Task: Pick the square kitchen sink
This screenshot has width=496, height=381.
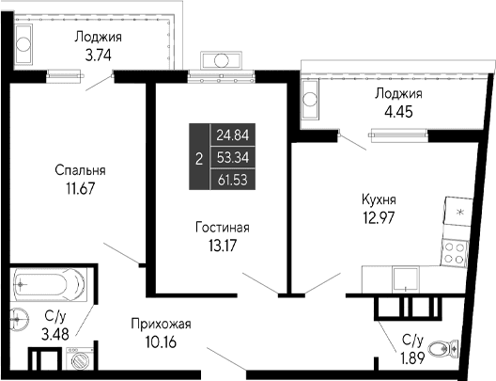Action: click(405, 277)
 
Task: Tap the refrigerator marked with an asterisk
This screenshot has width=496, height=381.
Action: click(457, 214)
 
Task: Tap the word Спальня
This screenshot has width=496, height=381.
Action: click(78, 170)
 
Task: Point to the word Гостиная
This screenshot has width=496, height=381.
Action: click(223, 228)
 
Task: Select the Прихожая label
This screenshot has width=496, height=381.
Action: click(161, 324)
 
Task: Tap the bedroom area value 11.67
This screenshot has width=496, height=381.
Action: click(78, 187)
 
